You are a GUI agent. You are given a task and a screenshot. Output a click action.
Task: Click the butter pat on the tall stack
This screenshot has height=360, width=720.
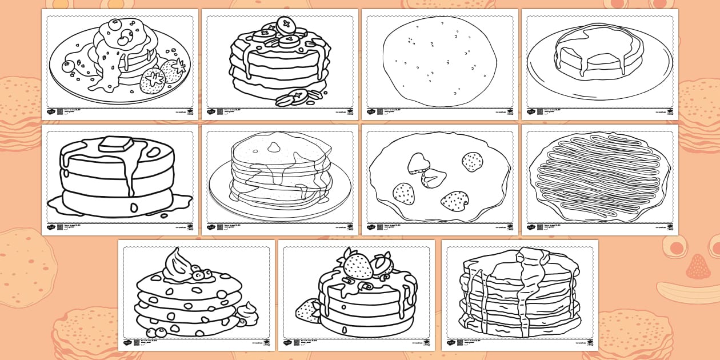116,143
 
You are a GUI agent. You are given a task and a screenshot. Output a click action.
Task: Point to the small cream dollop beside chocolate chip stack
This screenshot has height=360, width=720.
247,313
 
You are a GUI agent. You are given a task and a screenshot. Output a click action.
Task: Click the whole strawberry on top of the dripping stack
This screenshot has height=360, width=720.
358,266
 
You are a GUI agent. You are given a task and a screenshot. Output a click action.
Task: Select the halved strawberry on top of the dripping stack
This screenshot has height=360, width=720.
382,265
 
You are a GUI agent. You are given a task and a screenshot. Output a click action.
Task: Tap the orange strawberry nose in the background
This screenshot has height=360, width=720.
698,266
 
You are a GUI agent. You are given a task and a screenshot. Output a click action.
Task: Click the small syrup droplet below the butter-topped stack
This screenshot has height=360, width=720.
164,215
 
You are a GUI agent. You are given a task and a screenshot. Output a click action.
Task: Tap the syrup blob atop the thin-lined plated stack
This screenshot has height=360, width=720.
274,147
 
